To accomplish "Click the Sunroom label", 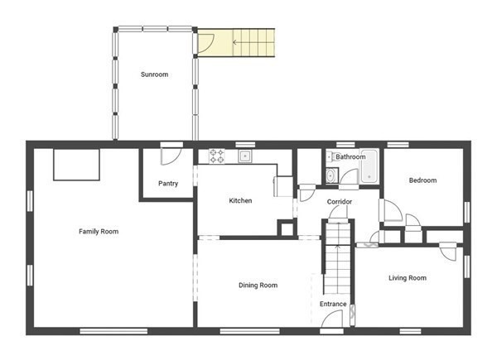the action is coord(154,74).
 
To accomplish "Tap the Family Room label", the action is coord(99,232).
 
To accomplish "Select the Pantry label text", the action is coord(168,184).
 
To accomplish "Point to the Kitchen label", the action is coord(240,200).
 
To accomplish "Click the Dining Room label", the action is coord(258,286).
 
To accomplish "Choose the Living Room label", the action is coord(408,278).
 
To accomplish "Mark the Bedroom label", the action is coord(422,180).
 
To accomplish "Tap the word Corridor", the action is coord(340,202).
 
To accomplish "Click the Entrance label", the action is coord(333,304).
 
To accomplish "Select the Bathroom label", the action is coord(350,156).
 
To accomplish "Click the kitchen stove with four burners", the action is coord(217,156).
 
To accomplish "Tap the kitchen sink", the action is coord(245,156).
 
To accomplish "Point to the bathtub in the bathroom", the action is coord(369,166).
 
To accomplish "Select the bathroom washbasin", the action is coord(331,175).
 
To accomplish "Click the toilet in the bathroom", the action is coord(330,156).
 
